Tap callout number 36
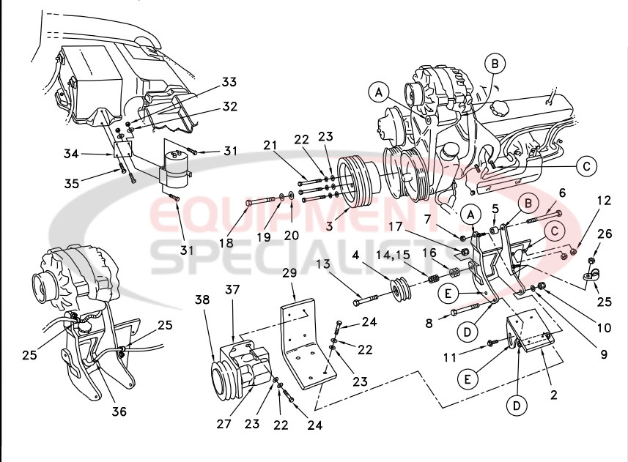[x=119, y=411]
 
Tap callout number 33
[x=229, y=82]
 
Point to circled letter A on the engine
[x=379, y=92]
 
